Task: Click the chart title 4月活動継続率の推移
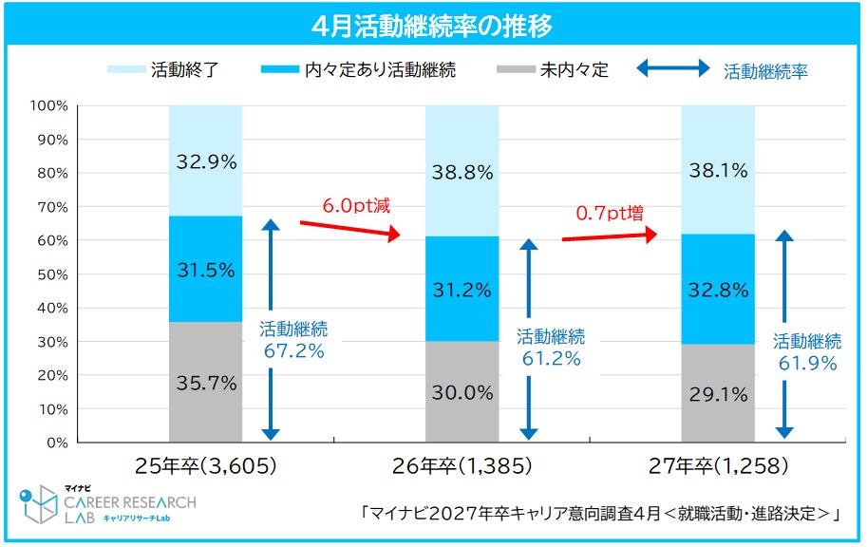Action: tap(432, 26)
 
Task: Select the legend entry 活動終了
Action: tap(163, 69)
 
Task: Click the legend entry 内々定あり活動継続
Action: tap(358, 69)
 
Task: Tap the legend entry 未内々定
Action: tap(553, 69)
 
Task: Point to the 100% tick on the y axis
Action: tap(49, 105)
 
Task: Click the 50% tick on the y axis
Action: tap(52, 274)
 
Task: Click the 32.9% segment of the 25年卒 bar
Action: tap(206, 160)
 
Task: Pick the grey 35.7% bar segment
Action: tap(206, 382)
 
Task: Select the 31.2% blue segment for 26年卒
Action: tap(462, 289)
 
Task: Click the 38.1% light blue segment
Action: tap(718, 170)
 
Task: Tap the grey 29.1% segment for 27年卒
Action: tap(718, 393)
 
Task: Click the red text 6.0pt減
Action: tap(356, 206)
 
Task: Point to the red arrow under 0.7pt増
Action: tap(610, 236)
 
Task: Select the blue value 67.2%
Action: tap(293, 350)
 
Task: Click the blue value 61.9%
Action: tap(807, 364)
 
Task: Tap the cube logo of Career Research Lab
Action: tap(38, 504)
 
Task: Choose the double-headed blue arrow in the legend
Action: tap(673, 68)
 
